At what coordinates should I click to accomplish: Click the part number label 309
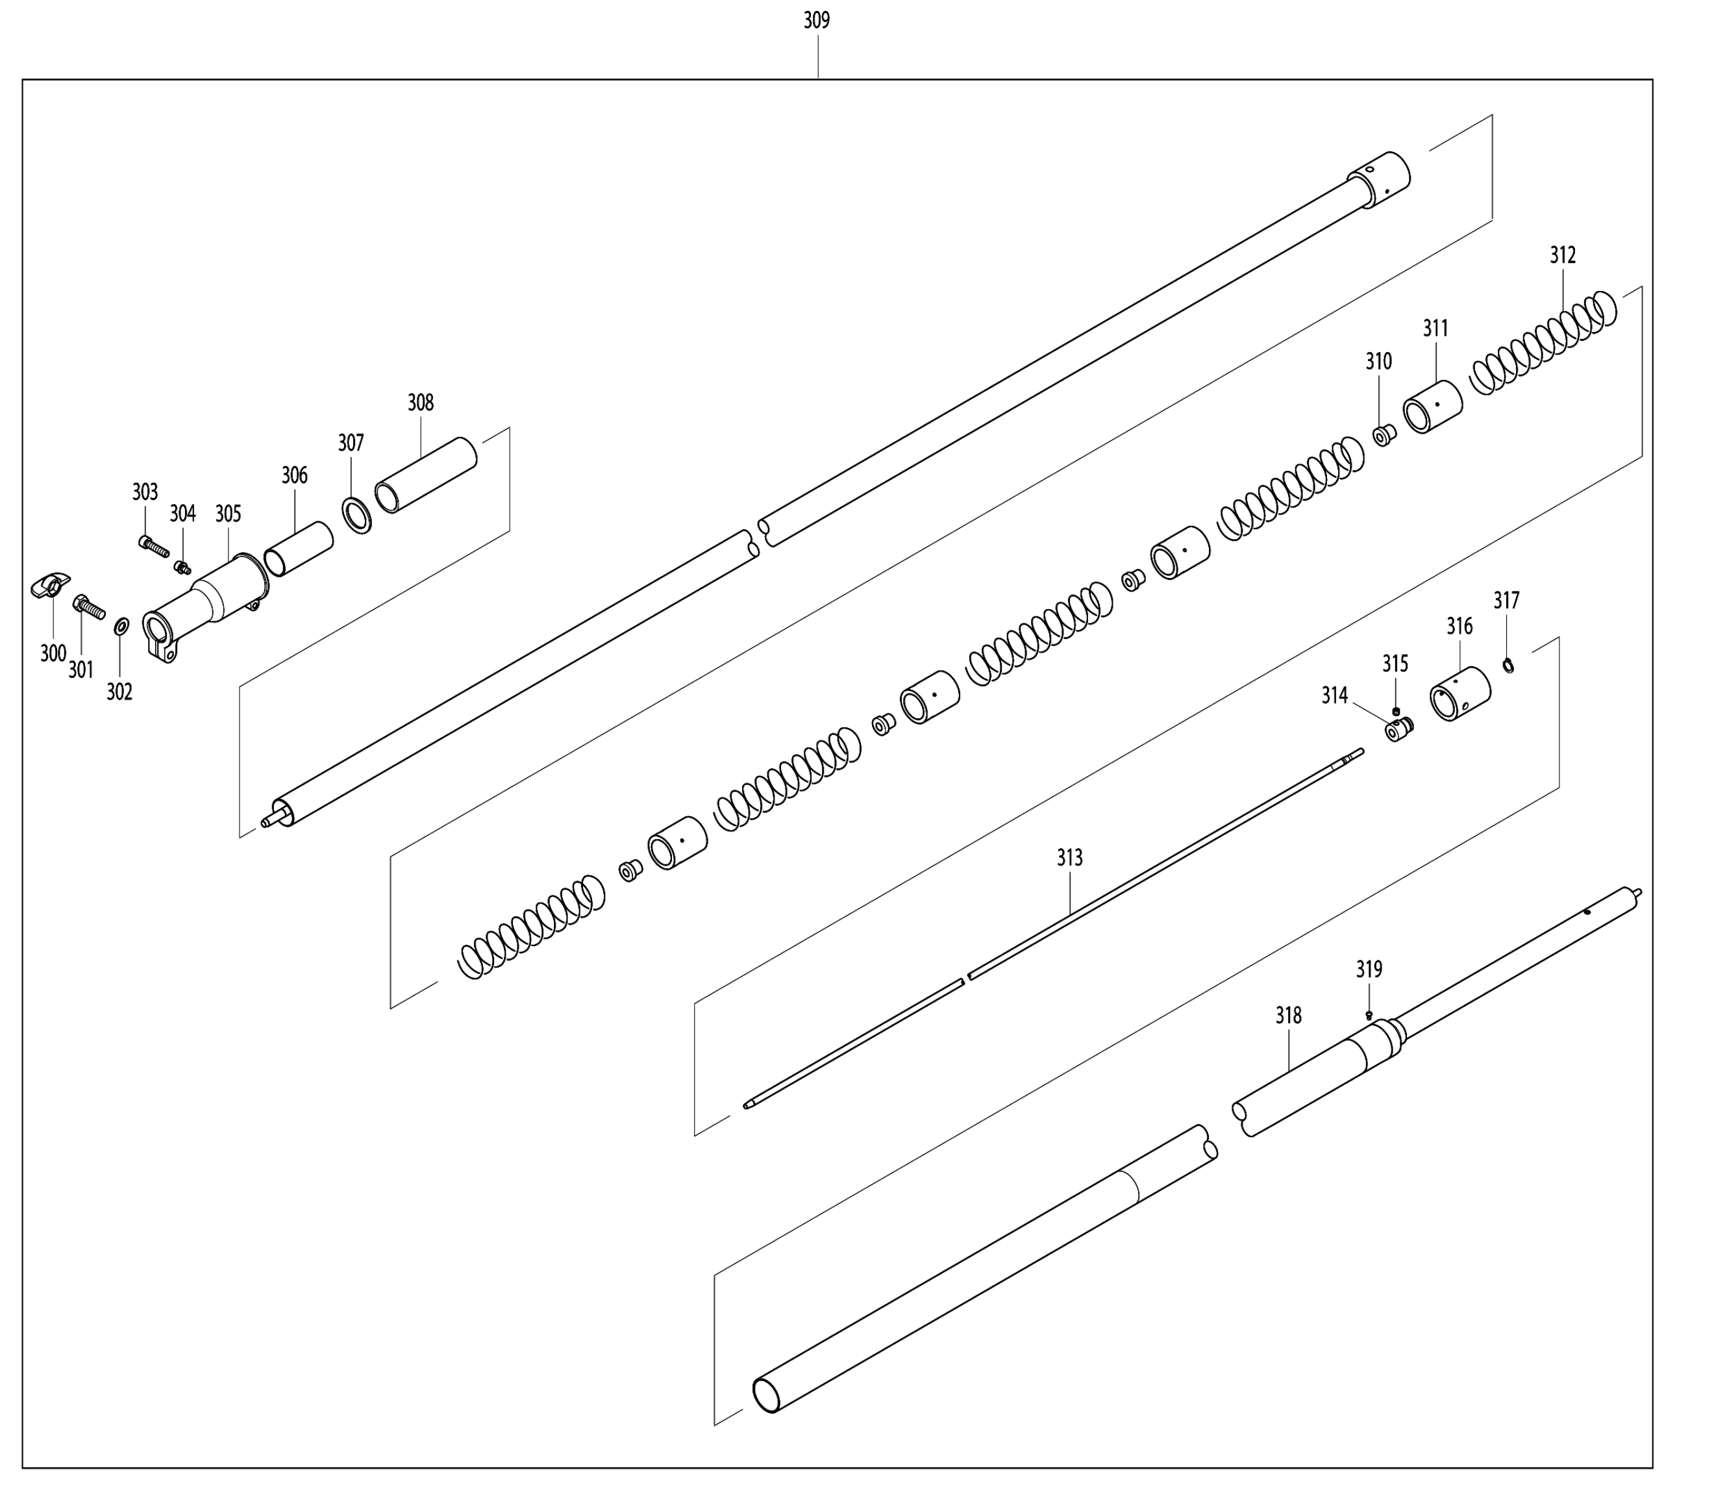click(x=816, y=21)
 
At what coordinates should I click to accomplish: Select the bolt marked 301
click(x=90, y=607)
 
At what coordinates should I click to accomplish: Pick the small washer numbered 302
click(x=121, y=625)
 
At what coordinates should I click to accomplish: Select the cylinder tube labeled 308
click(x=425, y=475)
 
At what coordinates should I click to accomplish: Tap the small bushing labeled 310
click(x=1384, y=434)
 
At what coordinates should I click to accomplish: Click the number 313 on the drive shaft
click(x=1069, y=858)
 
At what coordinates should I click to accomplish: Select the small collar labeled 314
click(x=1398, y=731)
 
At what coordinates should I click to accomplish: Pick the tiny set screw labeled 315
click(x=1396, y=711)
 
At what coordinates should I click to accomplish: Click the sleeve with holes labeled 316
click(x=1459, y=693)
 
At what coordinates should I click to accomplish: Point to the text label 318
click(x=1288, y=1016)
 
